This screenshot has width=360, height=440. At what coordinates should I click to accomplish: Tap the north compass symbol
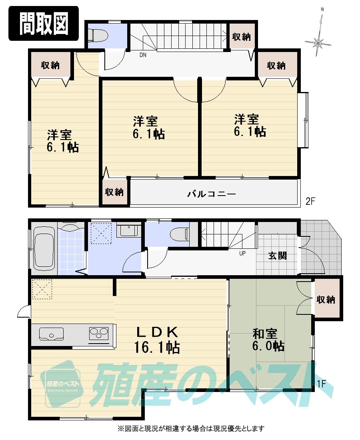pos(319,42)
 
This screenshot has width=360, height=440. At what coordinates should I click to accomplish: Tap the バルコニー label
pos(212,194)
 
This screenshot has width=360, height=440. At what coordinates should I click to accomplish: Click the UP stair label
pos(242,253)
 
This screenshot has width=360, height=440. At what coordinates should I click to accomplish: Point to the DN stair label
pos(143,55)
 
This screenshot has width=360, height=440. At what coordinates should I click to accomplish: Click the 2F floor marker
pos(311,201)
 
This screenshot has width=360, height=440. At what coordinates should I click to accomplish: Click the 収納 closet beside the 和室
pos(326,299)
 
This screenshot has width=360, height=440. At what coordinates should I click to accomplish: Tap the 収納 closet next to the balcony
pos(114,192)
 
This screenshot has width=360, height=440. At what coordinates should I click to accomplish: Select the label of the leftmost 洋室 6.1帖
pos(62,141)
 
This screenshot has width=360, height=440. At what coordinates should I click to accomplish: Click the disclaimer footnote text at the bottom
pos(190,429)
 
